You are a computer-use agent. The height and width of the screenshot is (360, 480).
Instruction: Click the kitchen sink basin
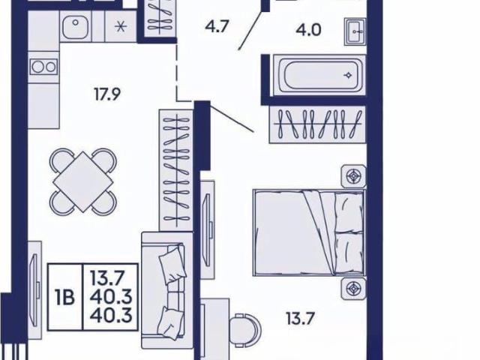(76, 26)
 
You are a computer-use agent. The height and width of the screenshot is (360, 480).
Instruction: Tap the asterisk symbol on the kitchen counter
(121, 27)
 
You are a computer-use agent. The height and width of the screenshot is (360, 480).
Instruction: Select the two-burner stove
(43, 67)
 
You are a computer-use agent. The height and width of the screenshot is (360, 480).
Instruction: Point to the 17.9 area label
(107, 94)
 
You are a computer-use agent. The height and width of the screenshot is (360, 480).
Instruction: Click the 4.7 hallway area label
(217, 26)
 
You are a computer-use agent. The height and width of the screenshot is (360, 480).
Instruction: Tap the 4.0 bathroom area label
(308, 30)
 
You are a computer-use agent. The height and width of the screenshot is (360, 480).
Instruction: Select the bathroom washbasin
(355, 31)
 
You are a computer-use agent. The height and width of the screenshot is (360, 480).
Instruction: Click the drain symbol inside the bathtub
(348, 75)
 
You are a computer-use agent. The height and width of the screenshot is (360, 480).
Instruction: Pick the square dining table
(83, 181)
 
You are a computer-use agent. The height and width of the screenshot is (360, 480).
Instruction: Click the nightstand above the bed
(354, 176)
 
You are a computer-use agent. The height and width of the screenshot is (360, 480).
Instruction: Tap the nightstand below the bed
(354, 289)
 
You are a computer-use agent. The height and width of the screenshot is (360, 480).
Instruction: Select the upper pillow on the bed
(349, 211)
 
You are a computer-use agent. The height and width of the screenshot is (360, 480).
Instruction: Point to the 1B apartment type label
(65, 297)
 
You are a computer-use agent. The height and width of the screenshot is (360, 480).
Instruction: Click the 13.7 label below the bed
(300, 318)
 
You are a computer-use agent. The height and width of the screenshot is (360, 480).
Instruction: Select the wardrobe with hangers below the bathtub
(317, 124)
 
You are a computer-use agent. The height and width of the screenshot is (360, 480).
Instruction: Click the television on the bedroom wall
(208, 229)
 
